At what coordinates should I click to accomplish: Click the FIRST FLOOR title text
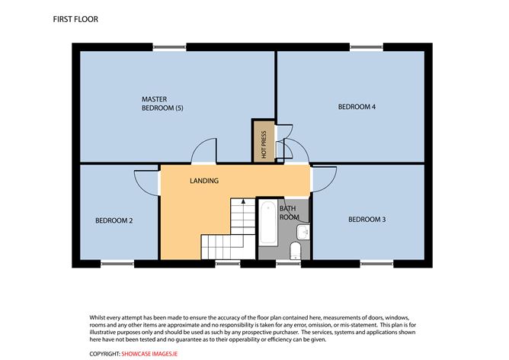75,19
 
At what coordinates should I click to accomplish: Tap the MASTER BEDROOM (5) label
162,104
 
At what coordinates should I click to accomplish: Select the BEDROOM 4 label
357,107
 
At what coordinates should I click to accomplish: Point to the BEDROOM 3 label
367,220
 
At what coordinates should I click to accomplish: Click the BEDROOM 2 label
114,220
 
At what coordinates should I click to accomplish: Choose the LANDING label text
204,181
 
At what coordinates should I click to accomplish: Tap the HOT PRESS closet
264,141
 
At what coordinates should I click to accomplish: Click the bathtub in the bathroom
268,222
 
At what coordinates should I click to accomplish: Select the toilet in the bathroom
295,250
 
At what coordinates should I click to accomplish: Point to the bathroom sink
303,232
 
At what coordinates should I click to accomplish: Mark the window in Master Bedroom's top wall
169,47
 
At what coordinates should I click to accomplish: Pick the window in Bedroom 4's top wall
367,47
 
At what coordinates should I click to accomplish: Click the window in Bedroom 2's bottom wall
117,263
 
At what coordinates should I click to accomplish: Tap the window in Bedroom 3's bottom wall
376,263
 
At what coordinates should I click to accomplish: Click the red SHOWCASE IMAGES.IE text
149,354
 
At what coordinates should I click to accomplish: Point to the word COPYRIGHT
105,354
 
